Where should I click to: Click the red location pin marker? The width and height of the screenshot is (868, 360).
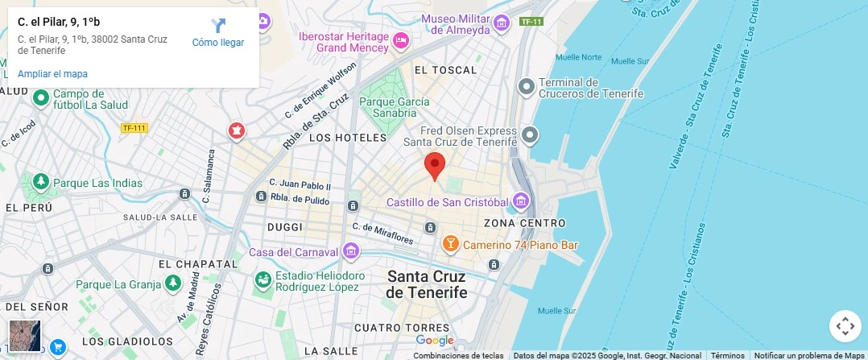point(435,165)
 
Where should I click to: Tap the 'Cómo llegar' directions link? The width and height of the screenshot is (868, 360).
point(217,33)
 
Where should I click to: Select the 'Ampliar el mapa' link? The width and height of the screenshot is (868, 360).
point(52,74)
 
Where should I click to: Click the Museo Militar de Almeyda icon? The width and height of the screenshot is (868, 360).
point(502,23)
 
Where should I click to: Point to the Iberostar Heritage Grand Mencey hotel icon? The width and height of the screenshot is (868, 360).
point(400,39)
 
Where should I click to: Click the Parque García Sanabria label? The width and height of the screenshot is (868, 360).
point(394,108)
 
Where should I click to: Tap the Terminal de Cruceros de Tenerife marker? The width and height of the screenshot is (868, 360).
point(527,85)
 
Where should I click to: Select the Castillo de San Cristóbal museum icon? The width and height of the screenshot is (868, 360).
point(520,200)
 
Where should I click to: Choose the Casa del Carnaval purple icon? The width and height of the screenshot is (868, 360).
point(349,251)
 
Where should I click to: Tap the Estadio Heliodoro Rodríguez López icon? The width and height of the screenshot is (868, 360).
point(262,280)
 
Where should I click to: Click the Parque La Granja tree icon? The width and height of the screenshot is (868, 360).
point(172,283)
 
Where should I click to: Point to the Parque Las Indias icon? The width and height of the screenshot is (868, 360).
point(40,183)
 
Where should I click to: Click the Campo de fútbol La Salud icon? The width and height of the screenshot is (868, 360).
point(41,97)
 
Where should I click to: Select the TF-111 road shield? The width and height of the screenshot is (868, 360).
point(134,128)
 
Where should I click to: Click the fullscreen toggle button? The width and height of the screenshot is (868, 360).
point(845,326)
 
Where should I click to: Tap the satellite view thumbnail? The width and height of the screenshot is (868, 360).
point(25,336)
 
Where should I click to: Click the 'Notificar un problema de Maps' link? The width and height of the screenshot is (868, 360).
point(810,355)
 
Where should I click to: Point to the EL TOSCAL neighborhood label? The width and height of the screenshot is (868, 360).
point(445,71)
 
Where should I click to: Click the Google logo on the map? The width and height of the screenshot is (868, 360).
point(435,341)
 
